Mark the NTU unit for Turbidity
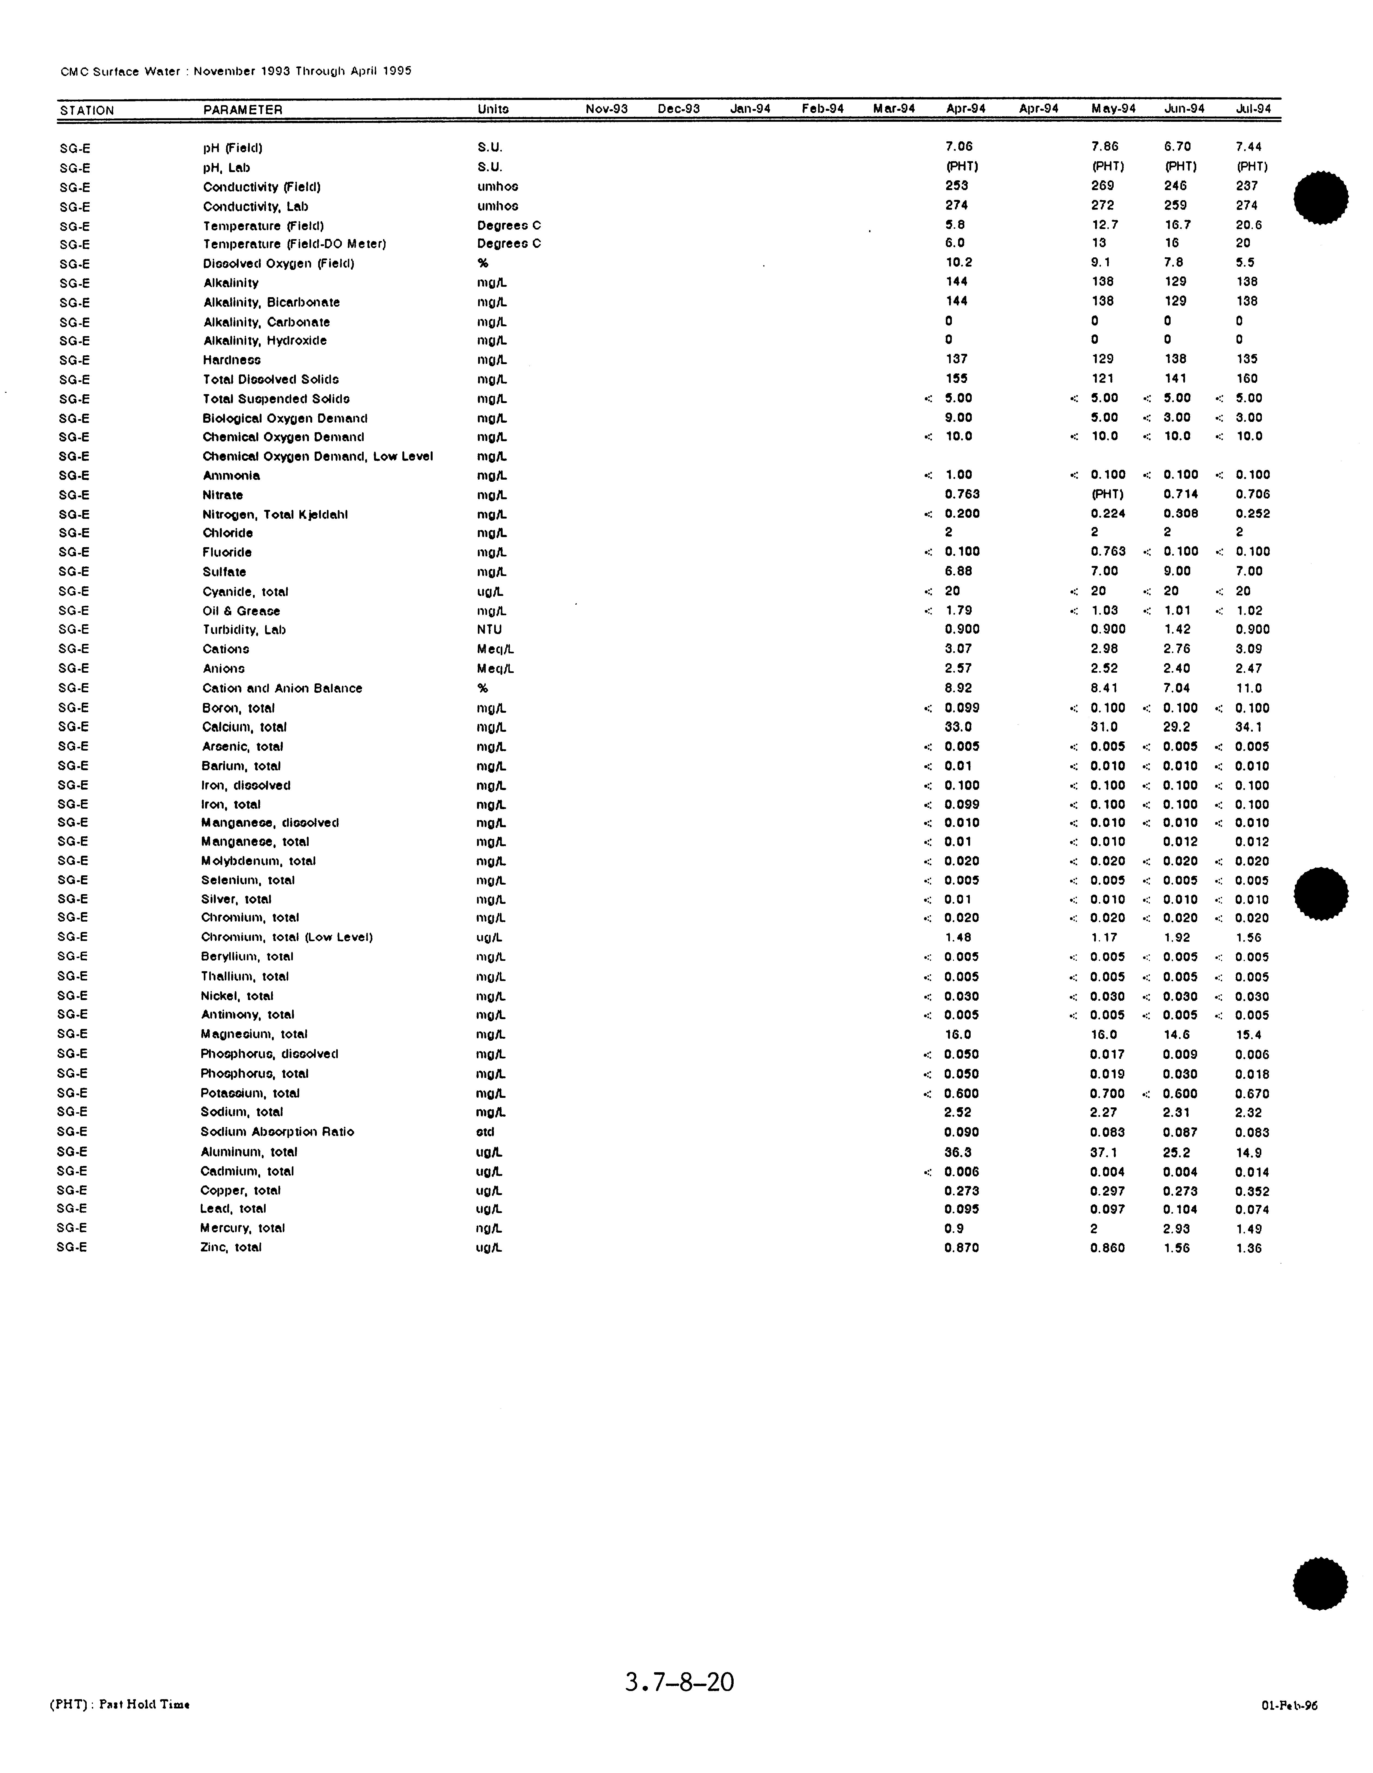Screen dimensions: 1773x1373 coord(490,630)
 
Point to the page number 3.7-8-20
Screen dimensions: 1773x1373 coord(680,1681)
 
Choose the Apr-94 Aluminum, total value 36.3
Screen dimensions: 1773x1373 coord(958,1152)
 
